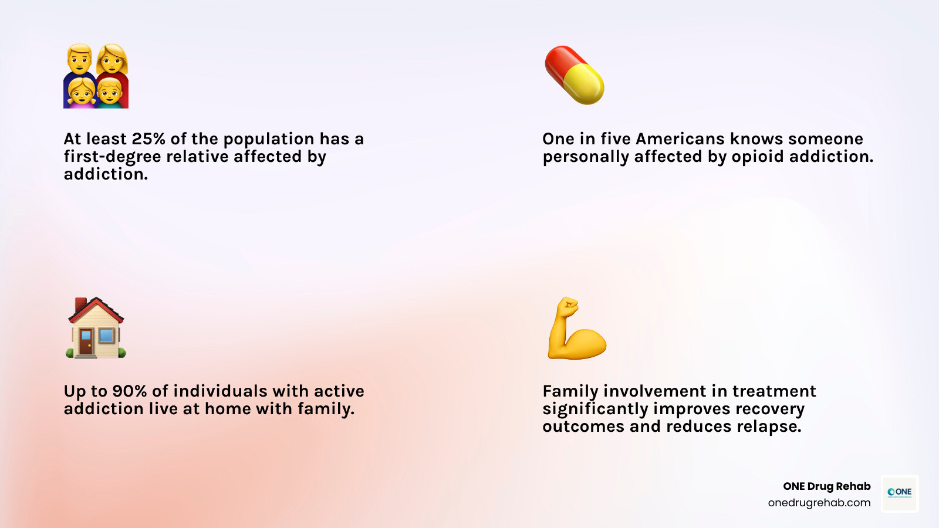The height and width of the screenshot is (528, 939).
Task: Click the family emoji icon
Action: tap(96, 76)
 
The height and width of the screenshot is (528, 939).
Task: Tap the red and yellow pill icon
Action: tap(575, 75)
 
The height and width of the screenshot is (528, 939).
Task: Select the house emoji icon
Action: tap(96, 328)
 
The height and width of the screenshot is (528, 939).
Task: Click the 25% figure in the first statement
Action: tap(148, 139)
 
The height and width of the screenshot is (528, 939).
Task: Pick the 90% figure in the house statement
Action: tap(130, 391)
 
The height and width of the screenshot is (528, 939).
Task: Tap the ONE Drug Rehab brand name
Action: tap(826, 486)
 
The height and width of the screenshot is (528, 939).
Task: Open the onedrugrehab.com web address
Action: tap(819, 503)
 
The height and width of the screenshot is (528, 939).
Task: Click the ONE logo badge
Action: tap(900, 493)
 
